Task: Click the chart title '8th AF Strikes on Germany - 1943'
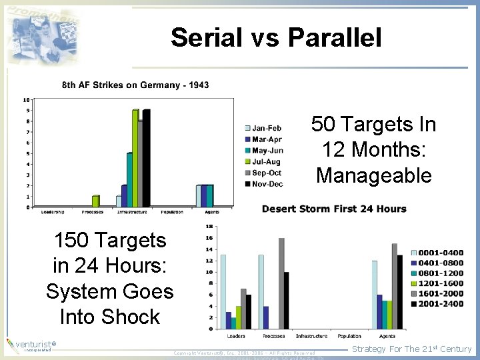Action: tap(135, 85)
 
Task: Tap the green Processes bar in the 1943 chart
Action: tap(95, 201)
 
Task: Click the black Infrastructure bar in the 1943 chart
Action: tap(146, 157)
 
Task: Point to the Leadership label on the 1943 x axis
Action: tap(53, 212)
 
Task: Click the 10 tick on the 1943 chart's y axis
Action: tap(27, 99)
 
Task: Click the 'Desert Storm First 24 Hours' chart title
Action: tap(334, 209)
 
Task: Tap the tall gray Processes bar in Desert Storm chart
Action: tap(281, 283)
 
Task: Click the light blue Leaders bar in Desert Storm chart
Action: tap(223, 291)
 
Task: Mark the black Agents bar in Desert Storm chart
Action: tap(399, 291)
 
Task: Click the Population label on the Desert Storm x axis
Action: tap(349, 336)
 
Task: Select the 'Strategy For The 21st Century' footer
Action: tap(411, 349)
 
